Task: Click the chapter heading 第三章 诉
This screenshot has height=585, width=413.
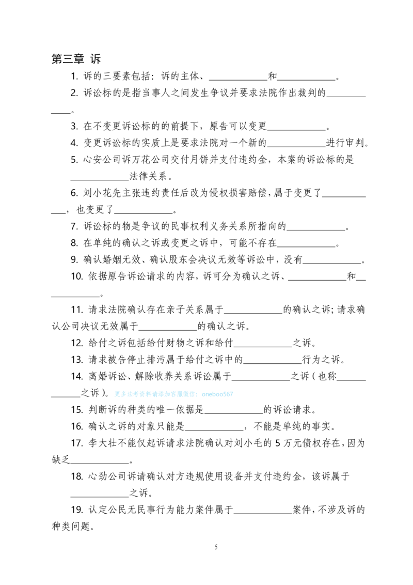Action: coord(76,58)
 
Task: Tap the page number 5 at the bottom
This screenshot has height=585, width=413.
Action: coord(216,547)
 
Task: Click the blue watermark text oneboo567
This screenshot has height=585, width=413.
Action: coord(217,394)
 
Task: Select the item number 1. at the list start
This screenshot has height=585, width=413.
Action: coord(74,76)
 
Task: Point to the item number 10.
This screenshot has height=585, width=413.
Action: coord(77,276)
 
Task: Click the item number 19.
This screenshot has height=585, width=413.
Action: coord(77,510)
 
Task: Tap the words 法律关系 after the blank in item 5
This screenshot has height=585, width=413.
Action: coord(148,176)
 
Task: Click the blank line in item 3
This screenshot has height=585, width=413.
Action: coord(297,130)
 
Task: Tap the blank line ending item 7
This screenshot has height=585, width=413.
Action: coord(316,230)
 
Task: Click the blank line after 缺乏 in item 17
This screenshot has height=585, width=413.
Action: coord(100,463)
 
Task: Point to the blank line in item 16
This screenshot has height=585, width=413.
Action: coord(214,430)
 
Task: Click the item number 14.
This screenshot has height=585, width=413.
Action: coord(77,376)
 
